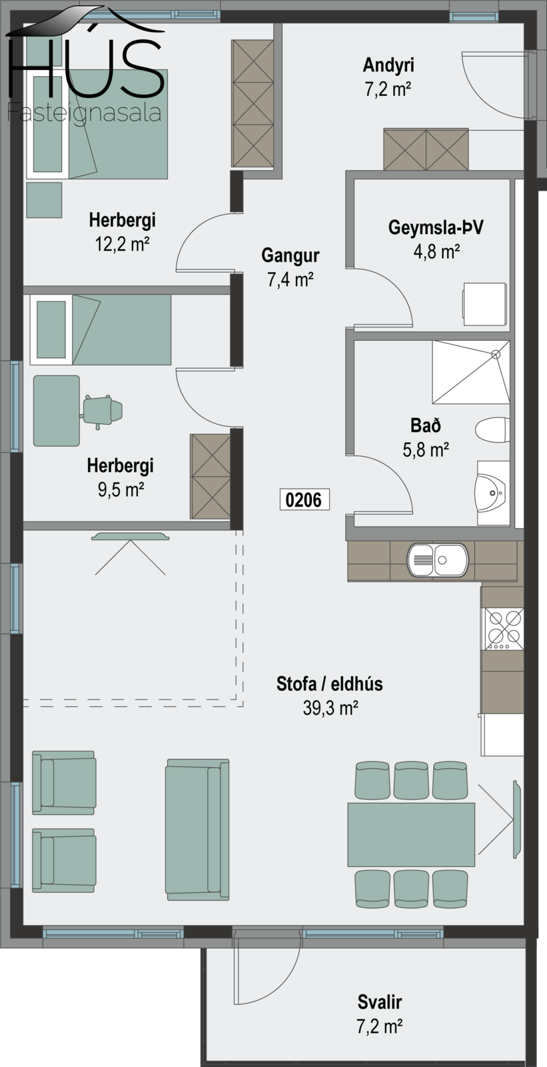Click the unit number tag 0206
(304, 499)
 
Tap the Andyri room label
(388, 65)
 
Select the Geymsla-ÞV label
(436, 227)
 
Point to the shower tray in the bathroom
(471, 372)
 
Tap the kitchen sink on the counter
(438, 560)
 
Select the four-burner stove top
(504, 630)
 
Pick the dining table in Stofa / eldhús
(411, 834)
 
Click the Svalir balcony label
(379, 1002)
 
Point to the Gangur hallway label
(290, 255)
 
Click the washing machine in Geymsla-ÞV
(484, 304)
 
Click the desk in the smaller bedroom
(56, 411)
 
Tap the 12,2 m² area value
(123, 244)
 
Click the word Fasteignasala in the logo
(84, 113)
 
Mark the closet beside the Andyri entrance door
(426, 149)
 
